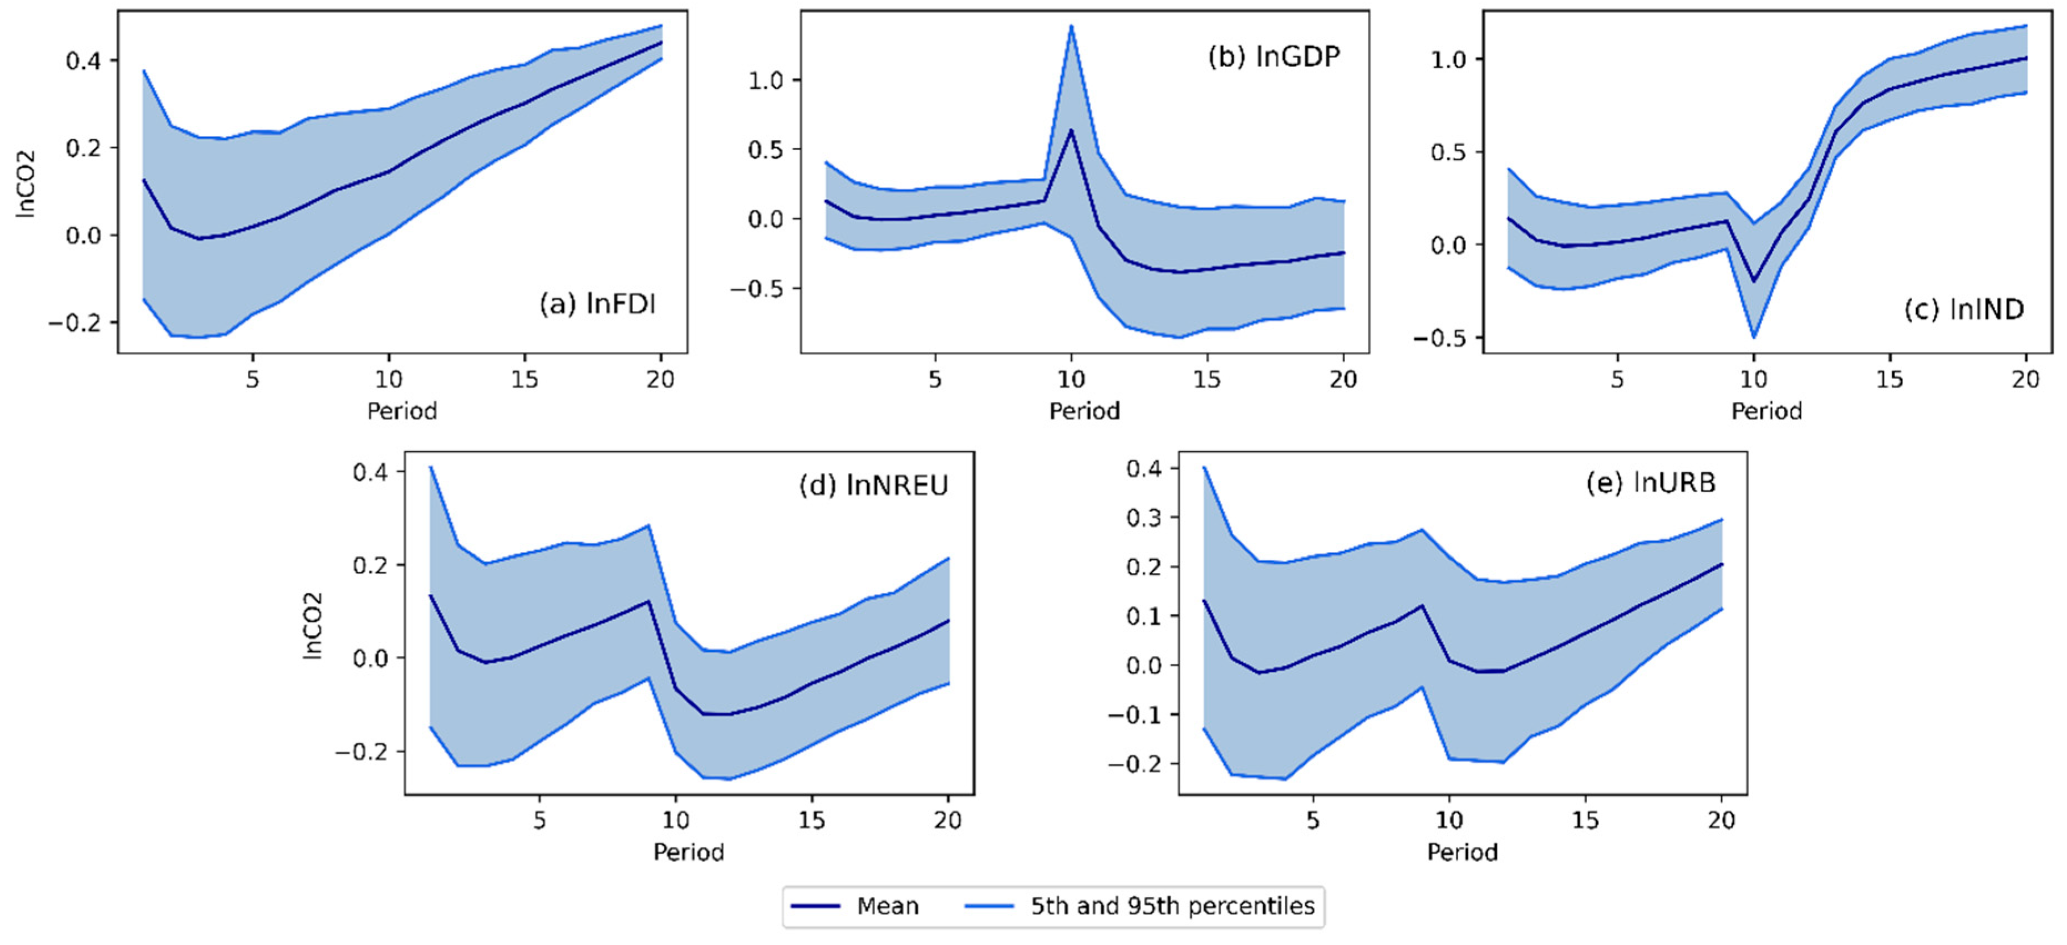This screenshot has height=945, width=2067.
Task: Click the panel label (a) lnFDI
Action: [597, 304]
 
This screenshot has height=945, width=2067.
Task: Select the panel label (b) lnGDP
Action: [1274, 57]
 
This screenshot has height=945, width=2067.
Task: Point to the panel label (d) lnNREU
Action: [873, 486]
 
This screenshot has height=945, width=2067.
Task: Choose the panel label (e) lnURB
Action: [1651, 483]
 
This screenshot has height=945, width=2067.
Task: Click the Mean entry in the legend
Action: [887, 907]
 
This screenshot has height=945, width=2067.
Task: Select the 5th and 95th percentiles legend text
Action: [1172, 907]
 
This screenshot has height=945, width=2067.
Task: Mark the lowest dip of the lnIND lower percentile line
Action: [1754, 337]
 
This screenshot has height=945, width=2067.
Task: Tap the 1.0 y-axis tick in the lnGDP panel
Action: [766, 80]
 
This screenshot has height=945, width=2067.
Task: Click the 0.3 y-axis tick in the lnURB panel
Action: [1143, 518]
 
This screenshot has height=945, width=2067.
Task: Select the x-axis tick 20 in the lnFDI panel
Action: [660, 380]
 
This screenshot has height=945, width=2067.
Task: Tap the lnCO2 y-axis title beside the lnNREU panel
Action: [312, 626]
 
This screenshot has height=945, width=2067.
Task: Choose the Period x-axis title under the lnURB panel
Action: [1462, 852]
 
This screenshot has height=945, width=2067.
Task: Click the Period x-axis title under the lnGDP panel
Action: [1084, 411]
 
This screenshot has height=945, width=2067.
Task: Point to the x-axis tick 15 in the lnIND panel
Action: [1890, 380]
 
